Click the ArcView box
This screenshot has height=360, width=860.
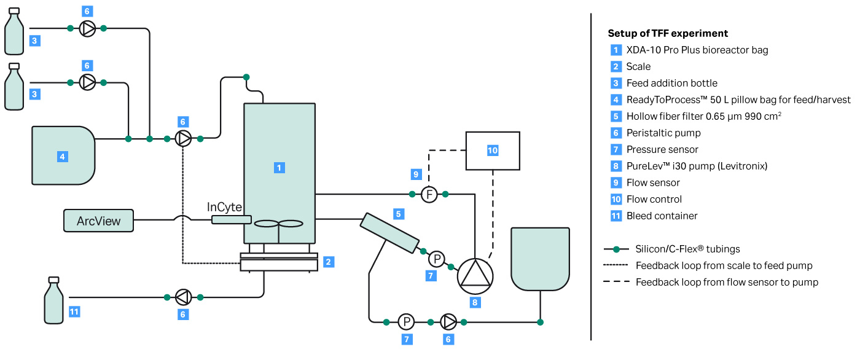pyautogui.click(x=98, y=221)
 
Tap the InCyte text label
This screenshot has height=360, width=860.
pyautogui.click(x=224, y=207)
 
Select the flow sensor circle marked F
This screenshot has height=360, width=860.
pyautogui.click(x=429, y=195)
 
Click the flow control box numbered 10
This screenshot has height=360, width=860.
pyautogui.click(x=493, y=151)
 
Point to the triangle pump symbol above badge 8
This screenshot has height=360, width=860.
pyautogui.click(x=475, y=273)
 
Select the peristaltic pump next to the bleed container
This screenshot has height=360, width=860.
pyautogui.click(x=183, y=297)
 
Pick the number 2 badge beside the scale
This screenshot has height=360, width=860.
pyautogui.click(x=329, y=262)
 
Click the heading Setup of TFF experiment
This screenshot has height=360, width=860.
pyautogui.click(x=668, y=33)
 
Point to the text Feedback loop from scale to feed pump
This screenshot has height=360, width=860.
pyautogui.click(x=724, y=266)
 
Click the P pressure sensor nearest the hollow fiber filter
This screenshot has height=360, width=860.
pyautogui.click(x=436, y=259)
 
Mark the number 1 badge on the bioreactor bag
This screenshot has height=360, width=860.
pyautogui.click(x=279, y=167)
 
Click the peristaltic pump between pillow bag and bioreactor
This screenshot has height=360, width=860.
pyautogui.click(x=183, y=139)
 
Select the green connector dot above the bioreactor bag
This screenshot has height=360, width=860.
pyautogui.click(x=246, y=77)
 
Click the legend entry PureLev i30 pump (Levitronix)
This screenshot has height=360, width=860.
pyautogui.click(x=697, y=166)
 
